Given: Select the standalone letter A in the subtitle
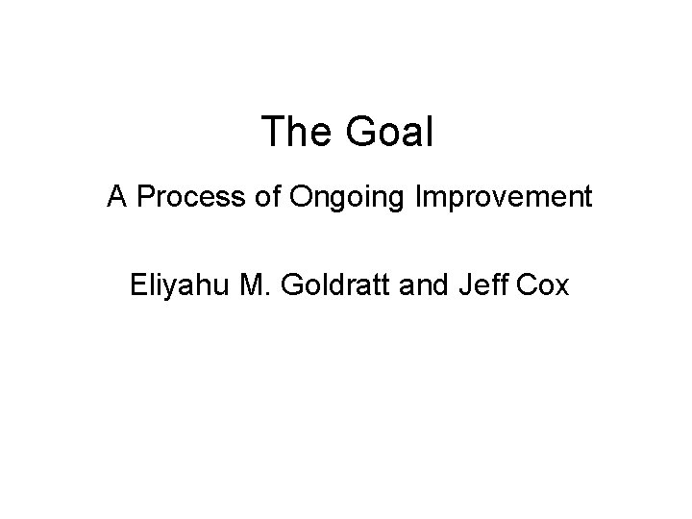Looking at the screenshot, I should (117, 198).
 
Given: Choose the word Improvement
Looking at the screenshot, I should (503, 198).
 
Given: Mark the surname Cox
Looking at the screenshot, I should (544, 284).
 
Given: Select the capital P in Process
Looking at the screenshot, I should (144, 198).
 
